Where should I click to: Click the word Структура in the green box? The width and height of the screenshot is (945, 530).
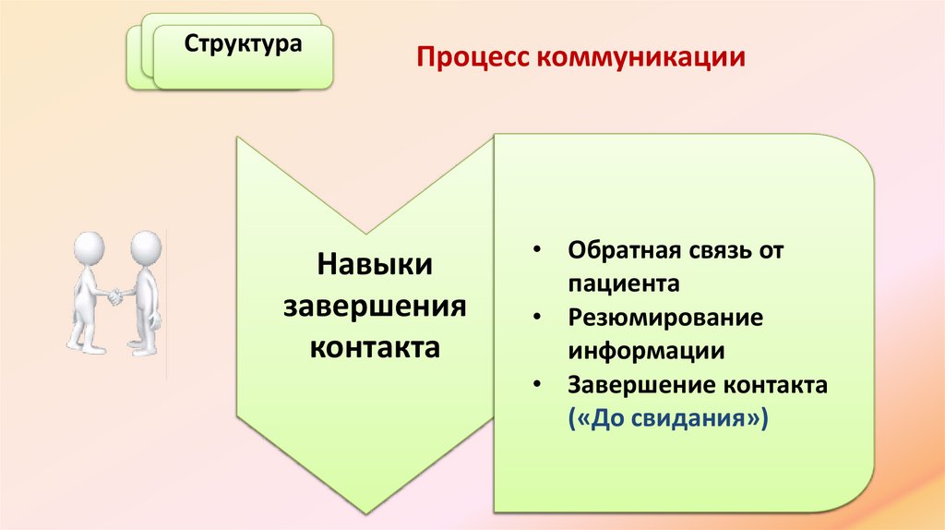(243, 44)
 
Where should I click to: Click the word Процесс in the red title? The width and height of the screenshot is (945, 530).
(467, 58)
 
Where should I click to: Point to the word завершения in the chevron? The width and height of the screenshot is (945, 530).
(375, 307)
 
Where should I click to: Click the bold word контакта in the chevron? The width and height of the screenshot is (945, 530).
(375, 348)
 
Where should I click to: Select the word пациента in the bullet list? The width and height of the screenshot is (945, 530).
(624, 283)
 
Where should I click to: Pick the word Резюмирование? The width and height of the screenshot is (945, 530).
(665, 318)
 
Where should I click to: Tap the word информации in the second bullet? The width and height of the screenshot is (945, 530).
(646, 351)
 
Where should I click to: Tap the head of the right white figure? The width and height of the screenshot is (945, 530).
(145, 247)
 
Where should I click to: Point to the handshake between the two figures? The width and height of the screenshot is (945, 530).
(116, 296)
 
